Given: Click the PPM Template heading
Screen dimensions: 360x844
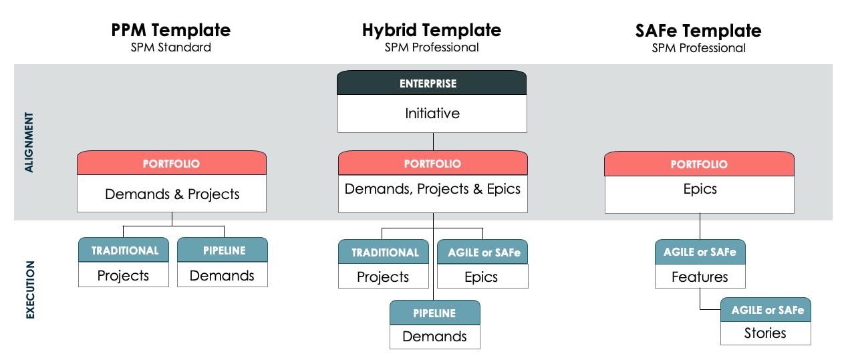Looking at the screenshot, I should tap(170, 30).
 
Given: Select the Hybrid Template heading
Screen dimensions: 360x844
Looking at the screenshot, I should tap(432, 30).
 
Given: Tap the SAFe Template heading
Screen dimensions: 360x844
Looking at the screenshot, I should tap(698, 30).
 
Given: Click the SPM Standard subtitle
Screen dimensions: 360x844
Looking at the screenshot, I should tap(170, 47).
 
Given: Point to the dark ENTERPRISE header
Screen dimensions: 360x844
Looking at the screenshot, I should tap(432, 83).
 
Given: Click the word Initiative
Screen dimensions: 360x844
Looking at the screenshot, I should tap(432, 113).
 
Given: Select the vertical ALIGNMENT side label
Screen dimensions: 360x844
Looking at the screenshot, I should tap(29, 142).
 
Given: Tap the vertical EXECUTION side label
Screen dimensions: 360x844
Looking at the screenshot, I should tap(29, 289).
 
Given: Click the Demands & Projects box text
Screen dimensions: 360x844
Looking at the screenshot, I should tap(172, 194).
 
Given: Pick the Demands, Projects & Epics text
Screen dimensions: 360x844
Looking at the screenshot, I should tap(432, 189).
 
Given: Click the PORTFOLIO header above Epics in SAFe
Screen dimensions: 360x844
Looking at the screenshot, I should tap(699, 164).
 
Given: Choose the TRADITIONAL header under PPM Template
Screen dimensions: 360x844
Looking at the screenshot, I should tap(124, 250).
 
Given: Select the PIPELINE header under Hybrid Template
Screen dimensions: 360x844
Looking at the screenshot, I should tap(434, 313).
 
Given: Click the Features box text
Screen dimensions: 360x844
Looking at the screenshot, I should tap(700, 277).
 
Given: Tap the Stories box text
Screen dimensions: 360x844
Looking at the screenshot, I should tap(765, 333).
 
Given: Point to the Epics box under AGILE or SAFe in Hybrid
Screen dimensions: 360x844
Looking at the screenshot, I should tap(482, 277).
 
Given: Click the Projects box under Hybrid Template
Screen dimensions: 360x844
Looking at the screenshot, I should tap(383, 277).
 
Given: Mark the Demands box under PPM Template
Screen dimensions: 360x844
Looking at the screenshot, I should tap(222, 275).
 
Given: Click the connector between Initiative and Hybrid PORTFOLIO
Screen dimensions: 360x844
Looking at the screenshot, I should tap(433, 141).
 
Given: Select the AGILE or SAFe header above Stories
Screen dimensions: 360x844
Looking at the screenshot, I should tap(765, 310).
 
